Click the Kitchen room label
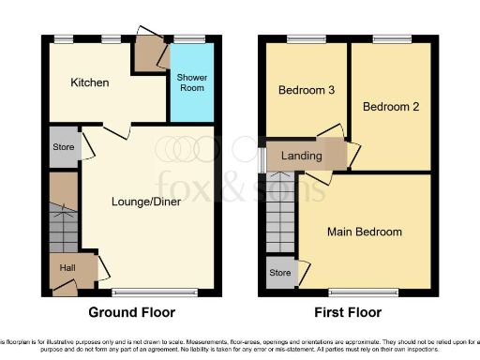point(90,82)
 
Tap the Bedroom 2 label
point(390,106)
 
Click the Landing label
point(301,156)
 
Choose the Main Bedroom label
point(364,232)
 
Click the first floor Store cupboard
point(280,273)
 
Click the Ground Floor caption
point(130,312)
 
